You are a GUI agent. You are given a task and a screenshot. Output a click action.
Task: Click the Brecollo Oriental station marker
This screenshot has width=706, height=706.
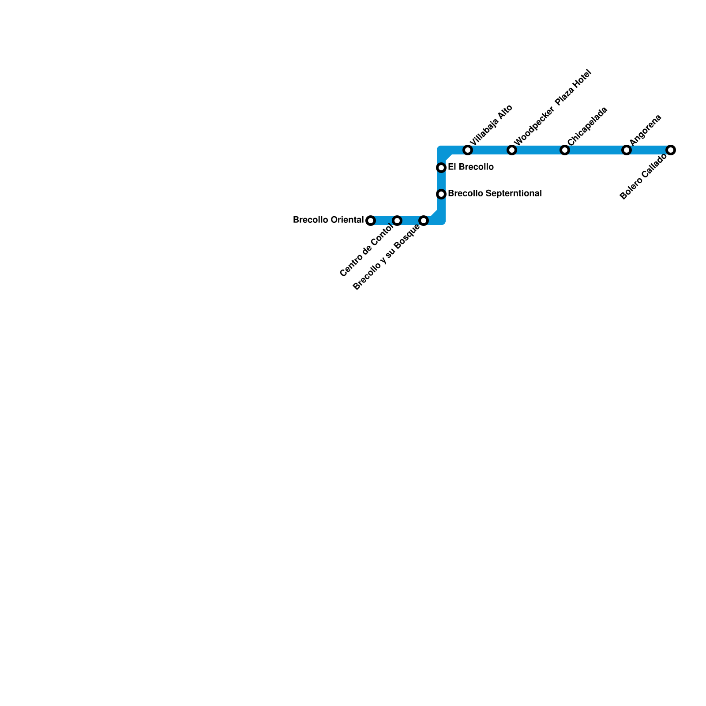[371, 221]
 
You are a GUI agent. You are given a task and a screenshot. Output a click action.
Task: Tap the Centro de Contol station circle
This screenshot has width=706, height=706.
[397, 221]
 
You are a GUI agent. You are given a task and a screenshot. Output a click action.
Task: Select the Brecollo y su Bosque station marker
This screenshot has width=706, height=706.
[424, 221]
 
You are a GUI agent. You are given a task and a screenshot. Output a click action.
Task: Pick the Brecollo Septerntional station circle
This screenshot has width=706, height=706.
[441, 194]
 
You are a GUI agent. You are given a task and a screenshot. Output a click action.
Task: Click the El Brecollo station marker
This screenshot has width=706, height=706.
[441, 168]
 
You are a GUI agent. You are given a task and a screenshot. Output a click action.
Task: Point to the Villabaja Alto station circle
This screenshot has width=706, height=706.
[468, 150]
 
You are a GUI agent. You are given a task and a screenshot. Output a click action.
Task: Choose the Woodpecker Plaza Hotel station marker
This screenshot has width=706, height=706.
[512, 150]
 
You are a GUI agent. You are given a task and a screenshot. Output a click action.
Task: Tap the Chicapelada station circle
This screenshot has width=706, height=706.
[565, 150]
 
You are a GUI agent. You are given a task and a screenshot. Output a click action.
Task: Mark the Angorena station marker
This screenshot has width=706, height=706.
[627, 150]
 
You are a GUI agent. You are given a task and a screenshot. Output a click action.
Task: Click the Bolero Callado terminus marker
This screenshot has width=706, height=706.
[671, 150]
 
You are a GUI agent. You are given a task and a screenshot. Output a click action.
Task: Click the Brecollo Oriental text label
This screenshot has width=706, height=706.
[328, 220]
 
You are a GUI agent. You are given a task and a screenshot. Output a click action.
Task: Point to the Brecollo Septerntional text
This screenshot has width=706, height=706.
[495, 193]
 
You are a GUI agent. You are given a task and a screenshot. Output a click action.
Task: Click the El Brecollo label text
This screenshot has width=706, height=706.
[470, 167]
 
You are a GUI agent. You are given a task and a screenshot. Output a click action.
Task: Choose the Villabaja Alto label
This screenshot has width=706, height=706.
[491, 125]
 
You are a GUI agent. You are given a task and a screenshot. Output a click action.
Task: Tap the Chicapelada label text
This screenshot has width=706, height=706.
[587, 126]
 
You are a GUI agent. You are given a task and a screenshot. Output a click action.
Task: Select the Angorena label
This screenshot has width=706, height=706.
[646, 130]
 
